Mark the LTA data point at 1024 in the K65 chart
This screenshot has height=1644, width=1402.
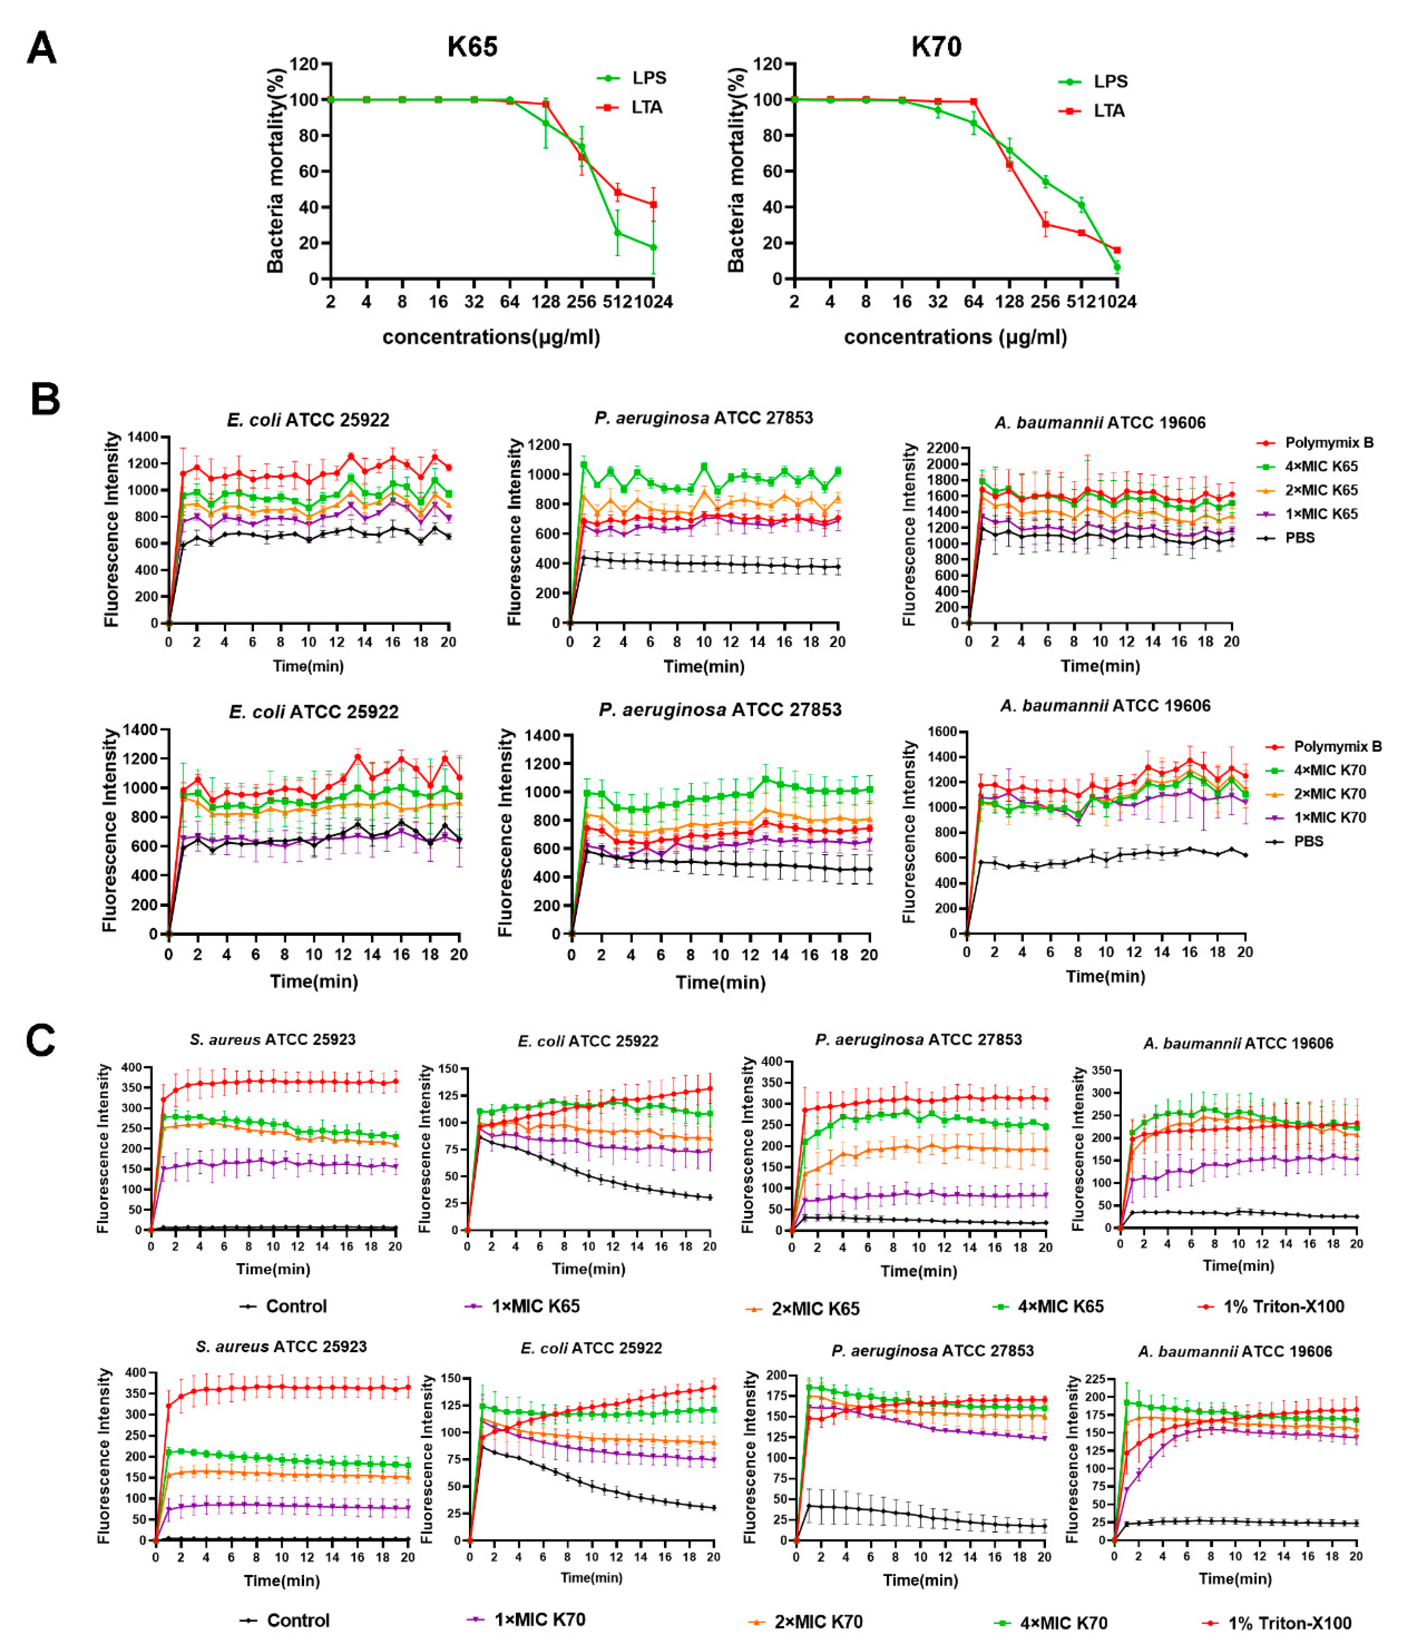pyautogui.click(x=653, y=205)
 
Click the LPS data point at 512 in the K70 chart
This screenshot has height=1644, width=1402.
pyautogui.click(x=1081, y=206)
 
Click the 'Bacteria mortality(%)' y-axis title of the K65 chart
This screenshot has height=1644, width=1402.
pyautogui.click(x=275, y=171)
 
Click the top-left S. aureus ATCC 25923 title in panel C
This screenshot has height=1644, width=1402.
pyautogui.click(x=272, y=1039)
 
